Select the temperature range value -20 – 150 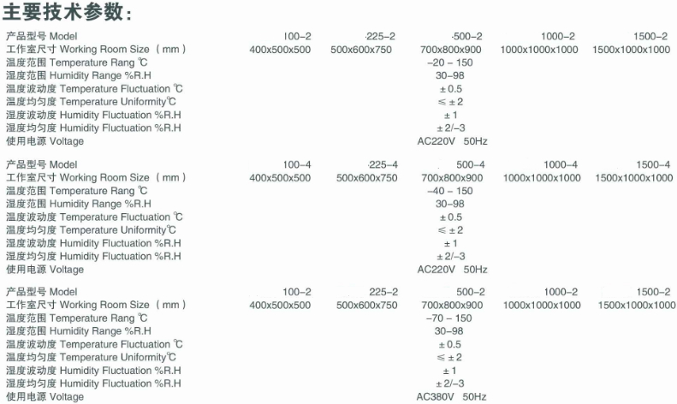click(450, 62)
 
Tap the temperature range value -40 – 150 click(450, 191)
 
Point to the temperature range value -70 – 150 click(449, 318)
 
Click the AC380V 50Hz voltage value click(451, 396)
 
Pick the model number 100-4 click(297, 164)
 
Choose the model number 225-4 click(383, 164)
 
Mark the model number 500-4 click(471, 164)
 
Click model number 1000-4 click(561, 164)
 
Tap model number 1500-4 click(653, 164)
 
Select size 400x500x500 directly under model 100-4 click(280, 178)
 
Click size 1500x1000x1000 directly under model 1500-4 click(634, 178)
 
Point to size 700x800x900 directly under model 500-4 click(452, 178)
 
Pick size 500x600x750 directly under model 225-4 click(367, 178)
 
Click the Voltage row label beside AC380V click(45, 396)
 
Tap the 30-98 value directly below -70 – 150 click(449, 331)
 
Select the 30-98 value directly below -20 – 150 click(450, 75)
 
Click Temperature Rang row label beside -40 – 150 click(76, 191)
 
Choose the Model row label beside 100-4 click(41, 164)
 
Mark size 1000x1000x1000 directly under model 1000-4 click(542, 178)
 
